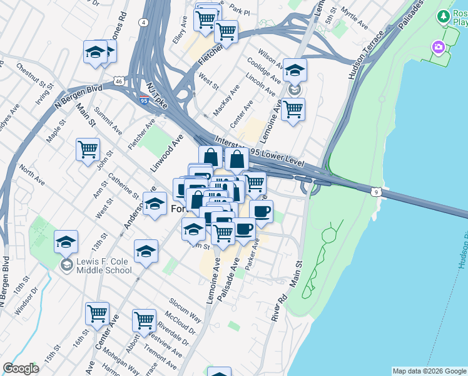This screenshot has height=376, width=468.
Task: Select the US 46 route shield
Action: click(x=119, y=81)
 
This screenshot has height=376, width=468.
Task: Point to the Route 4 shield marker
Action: click(x=143, y=23)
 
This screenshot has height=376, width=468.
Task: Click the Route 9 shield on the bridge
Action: click(x=375, y=191)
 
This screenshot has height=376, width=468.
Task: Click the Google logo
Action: click(x=21, y=368)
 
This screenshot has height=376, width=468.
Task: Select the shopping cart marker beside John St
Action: click(x=88, y=149)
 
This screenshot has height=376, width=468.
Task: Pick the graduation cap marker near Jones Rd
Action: click(x=96, y=52)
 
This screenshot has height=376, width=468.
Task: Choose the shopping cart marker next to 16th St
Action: click(x=97, y=313)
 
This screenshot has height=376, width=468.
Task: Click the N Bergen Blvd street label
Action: click(x=78, y=97)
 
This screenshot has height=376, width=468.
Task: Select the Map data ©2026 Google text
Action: click(x=429, y=371)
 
